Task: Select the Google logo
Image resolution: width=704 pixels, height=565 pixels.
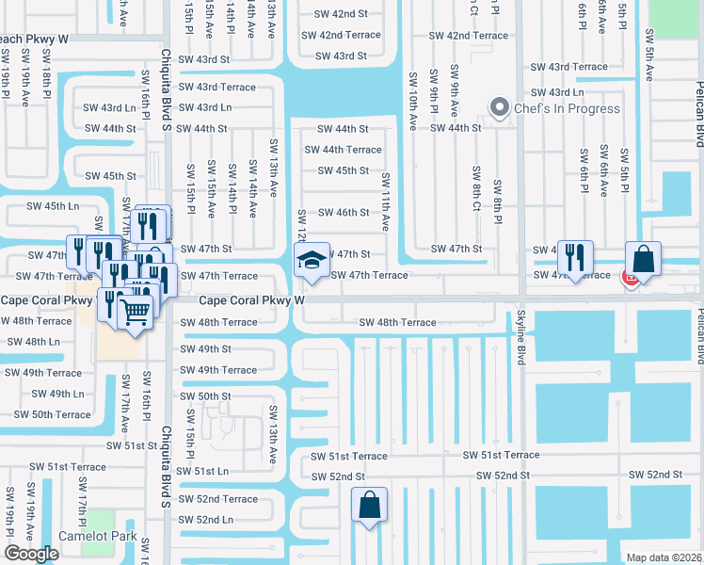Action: tap(31, 554)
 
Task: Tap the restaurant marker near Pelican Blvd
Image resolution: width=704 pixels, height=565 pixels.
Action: tap(574, 257)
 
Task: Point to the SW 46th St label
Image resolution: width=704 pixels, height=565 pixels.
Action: tap(343, 213)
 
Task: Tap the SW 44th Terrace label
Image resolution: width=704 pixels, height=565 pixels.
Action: tap(343, 150)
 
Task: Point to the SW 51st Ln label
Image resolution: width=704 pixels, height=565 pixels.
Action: tap(203, 471)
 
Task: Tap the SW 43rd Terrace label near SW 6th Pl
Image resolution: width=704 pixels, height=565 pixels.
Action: tap(568, 67)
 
